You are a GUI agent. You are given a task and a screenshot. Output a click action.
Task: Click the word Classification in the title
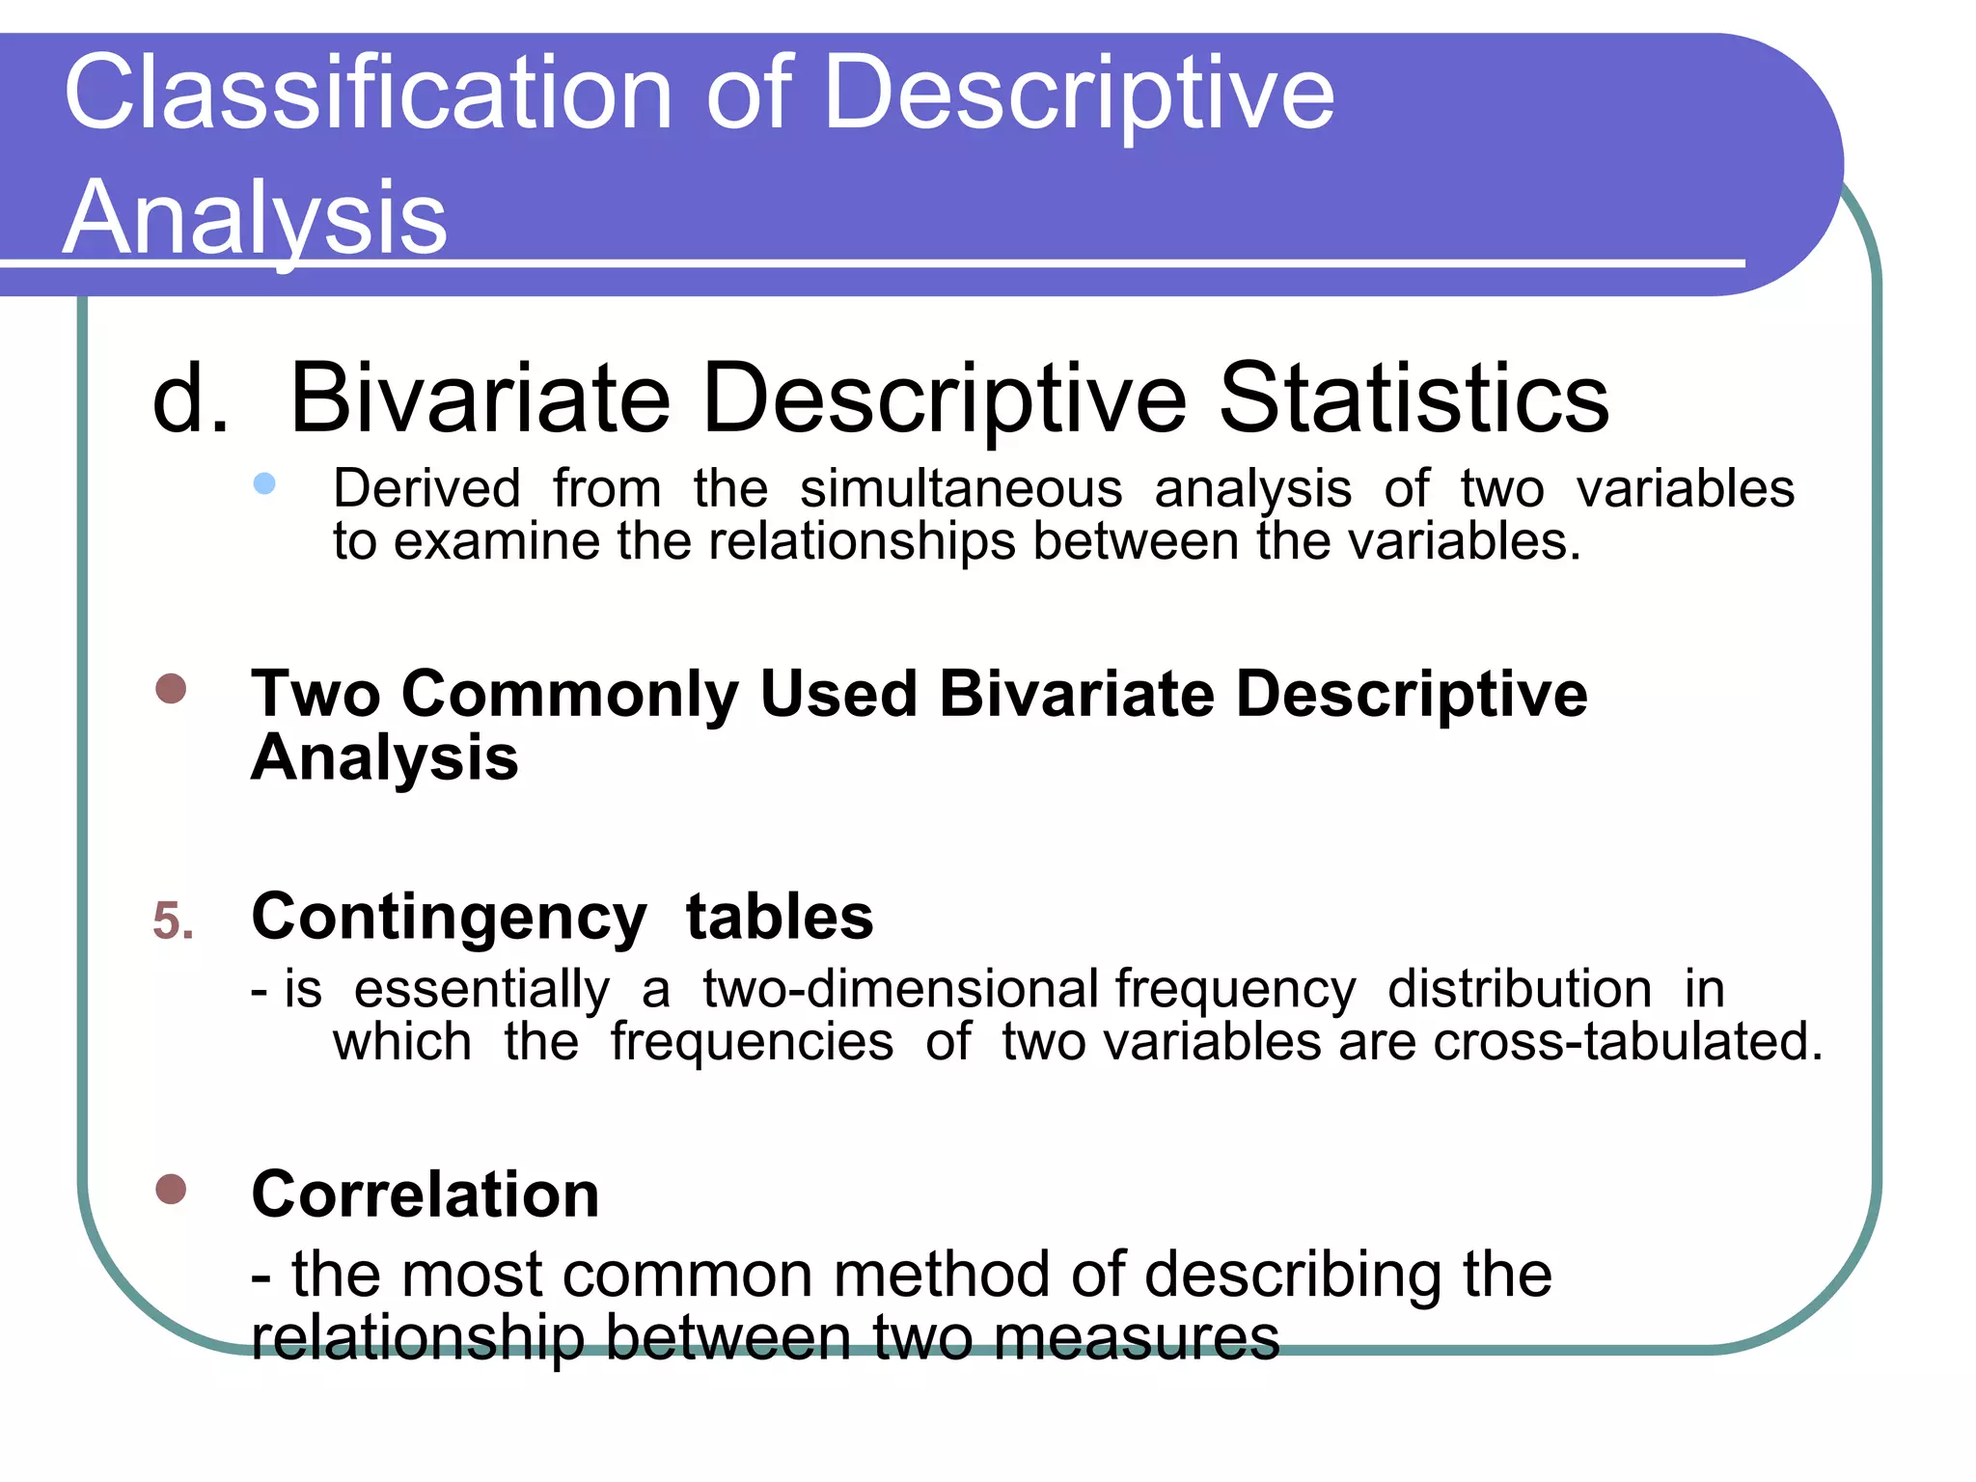pyautogui.click(x=368, y=93)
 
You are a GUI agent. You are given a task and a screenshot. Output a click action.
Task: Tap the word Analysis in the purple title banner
pyautogui.click(x=255, y=218)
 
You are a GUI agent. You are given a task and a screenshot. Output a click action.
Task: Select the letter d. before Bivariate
pyautogui.click(x=190, y=398)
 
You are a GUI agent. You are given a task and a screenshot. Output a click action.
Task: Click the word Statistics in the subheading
pyautogui.click(x=1413, y=398)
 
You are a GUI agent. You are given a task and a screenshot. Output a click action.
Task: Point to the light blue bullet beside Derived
pyautogui.click(x=264, y=483)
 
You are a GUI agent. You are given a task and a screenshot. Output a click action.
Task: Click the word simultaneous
pyautogui.click(x=961, y=488)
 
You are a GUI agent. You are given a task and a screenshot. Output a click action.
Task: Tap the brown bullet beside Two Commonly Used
pyautogui.click(x=171, y=689)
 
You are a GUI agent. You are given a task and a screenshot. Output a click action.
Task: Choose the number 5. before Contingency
pyautogui.click(x=174, y=920)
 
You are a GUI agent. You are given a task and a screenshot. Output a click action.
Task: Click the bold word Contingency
pyautogui.click(x=449, y=917)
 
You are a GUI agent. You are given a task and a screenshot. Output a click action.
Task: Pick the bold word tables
pyautogui.click(x=780, y=917)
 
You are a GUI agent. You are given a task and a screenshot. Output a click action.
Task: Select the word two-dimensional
pyautogui.click(x=900, y=989)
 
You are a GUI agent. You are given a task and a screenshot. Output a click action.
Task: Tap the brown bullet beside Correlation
pyautogui.click(x=171, y=1190)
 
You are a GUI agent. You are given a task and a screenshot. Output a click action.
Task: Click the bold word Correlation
pyautogui.click(x=425, y=1194)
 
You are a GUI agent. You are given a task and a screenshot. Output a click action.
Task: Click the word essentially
pyautogui.click(x=482, y=989)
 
